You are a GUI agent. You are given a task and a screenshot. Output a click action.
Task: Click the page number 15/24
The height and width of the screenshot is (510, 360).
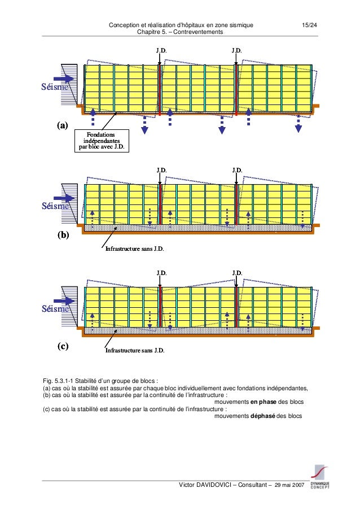(309, 25)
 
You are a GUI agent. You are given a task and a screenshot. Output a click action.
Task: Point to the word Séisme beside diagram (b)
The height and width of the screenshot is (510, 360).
(55, 206)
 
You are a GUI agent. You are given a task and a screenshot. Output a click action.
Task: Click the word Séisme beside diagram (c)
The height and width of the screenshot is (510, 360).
(55, 309)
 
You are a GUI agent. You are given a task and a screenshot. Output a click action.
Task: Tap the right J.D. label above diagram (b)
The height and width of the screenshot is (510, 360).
(238, 169)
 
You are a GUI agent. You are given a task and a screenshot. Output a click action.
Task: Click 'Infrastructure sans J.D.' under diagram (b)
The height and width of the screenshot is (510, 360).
(135, 248)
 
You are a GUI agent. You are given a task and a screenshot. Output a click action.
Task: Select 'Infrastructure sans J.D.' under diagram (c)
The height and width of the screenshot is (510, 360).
(135, 351)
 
